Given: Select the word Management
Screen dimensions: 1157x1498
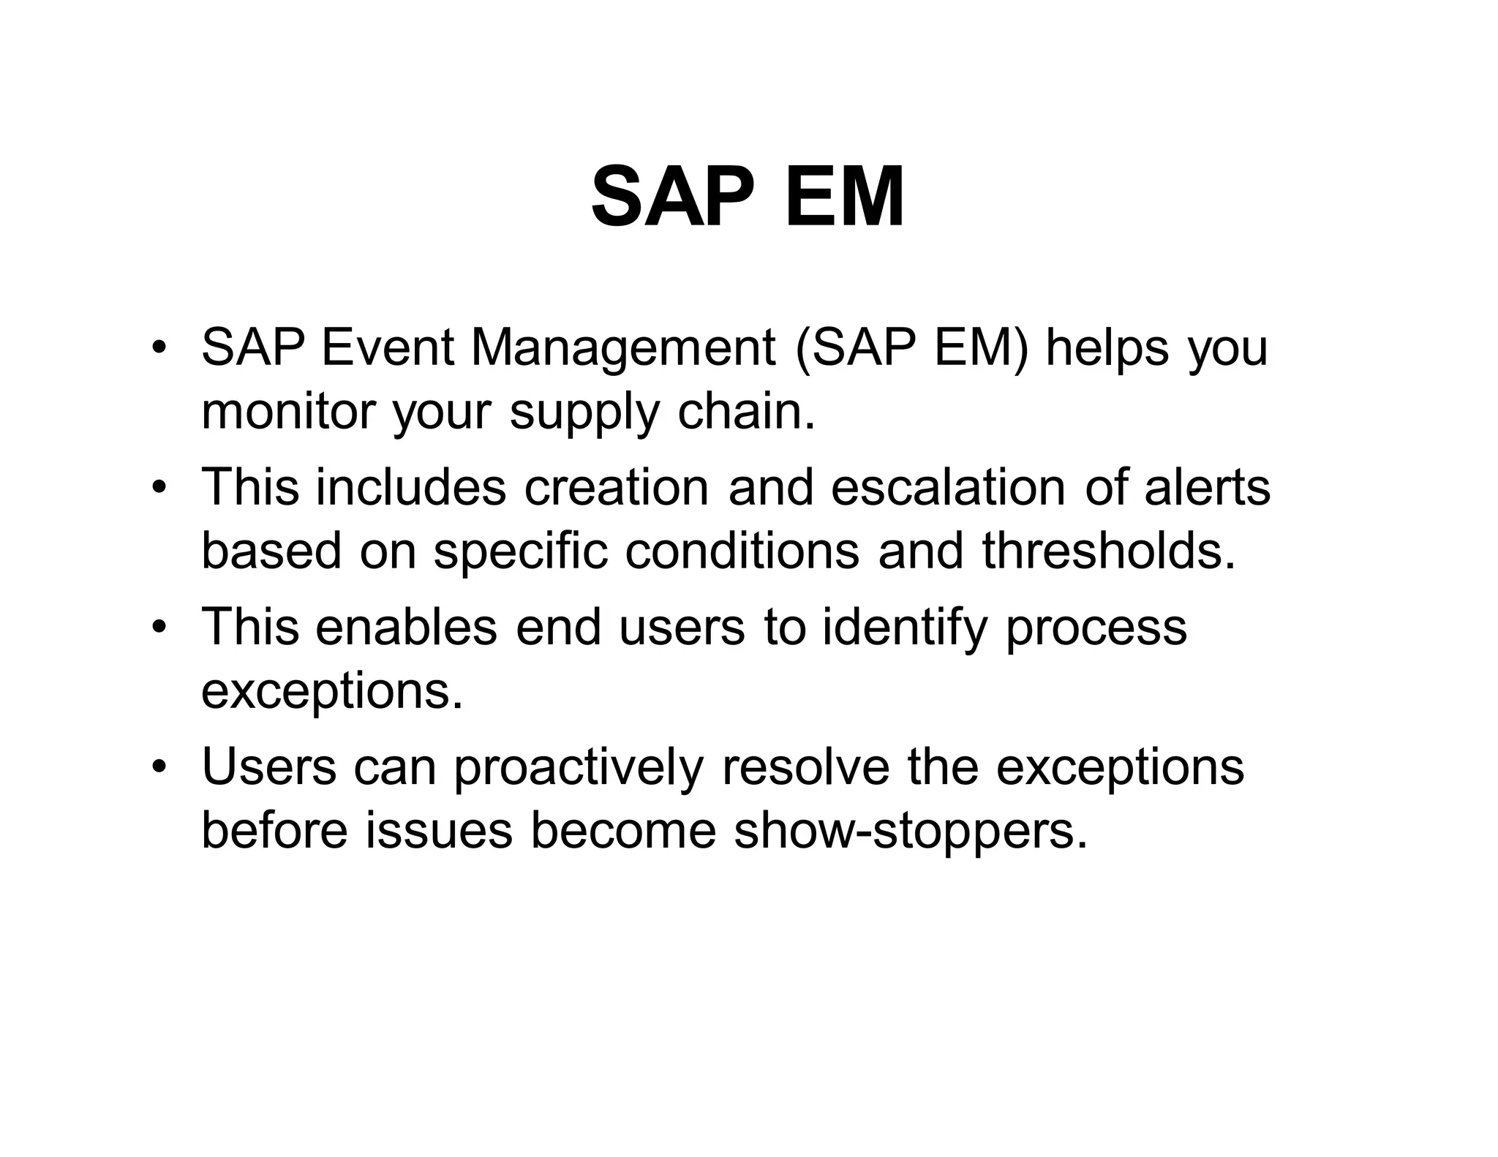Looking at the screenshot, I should (623, 348).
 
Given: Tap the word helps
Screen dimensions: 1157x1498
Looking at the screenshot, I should (1107, 348).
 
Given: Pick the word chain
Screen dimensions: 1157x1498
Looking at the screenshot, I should (745, 411).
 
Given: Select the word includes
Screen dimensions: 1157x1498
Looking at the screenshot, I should (410, 486).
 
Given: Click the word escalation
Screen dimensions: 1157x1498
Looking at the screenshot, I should (948, 486).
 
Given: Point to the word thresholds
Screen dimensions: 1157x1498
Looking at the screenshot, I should (1109, 550).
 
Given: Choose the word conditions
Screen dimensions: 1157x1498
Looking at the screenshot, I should (742, 550).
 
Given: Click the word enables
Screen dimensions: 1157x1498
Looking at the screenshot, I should (407, 627).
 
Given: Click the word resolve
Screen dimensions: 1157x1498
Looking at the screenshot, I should (805, 766).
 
